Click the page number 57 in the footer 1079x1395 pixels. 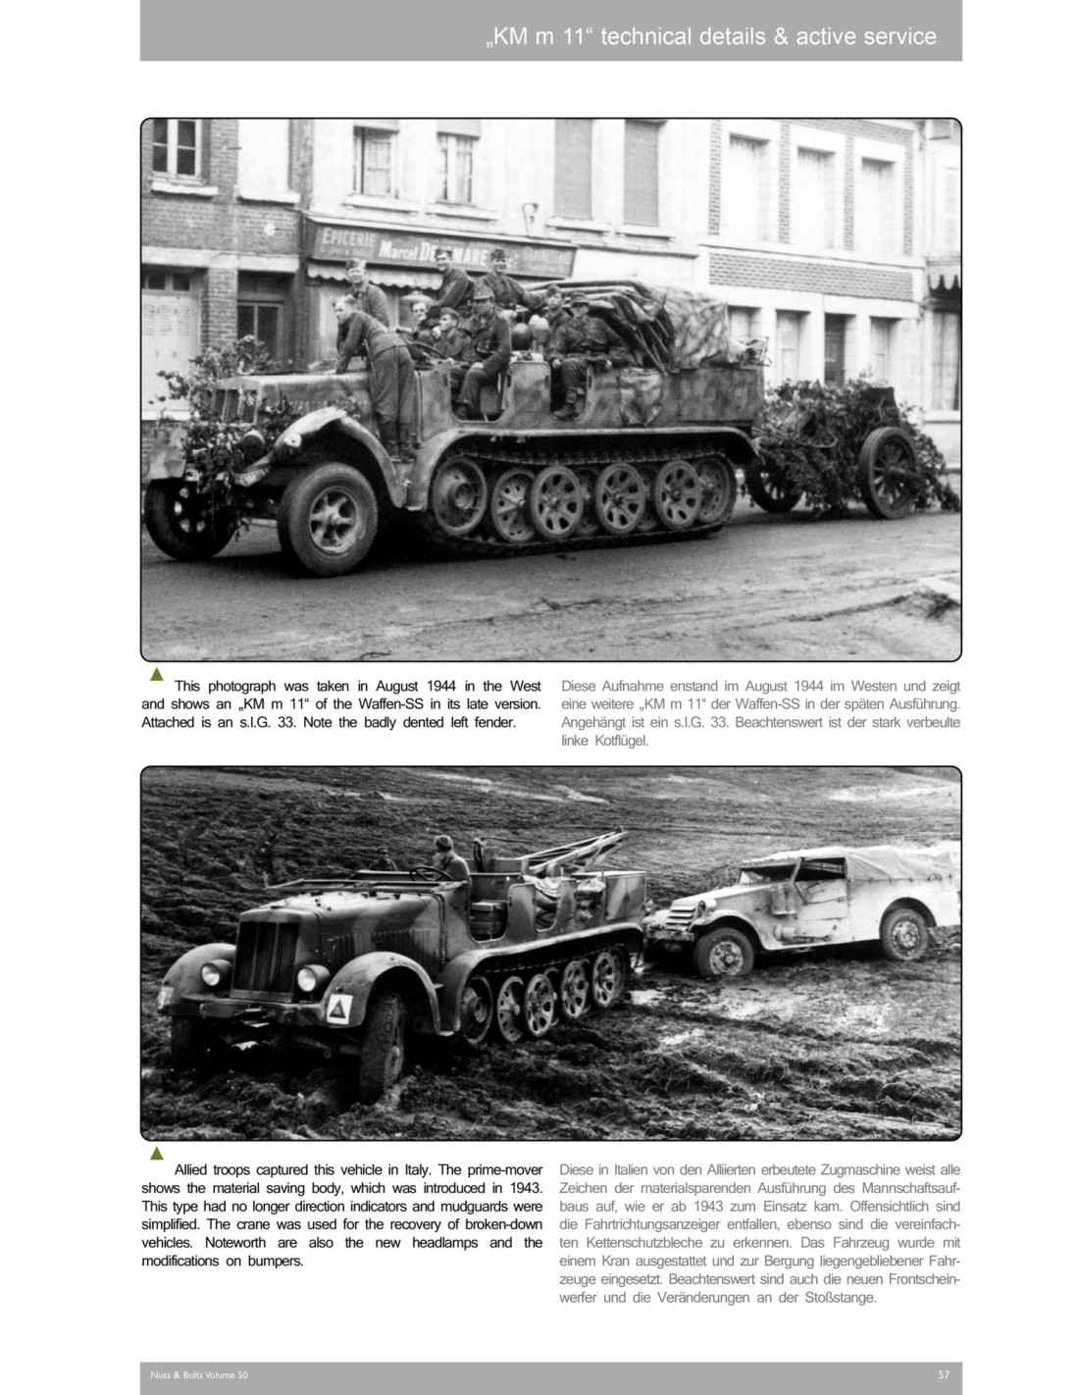coord(943,1375)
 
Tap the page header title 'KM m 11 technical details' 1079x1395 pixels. coord(711,37)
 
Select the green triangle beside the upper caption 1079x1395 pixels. coord(155,674)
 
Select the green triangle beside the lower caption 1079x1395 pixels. coord(155,1153)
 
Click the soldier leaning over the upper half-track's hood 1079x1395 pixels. coord(368,353)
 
